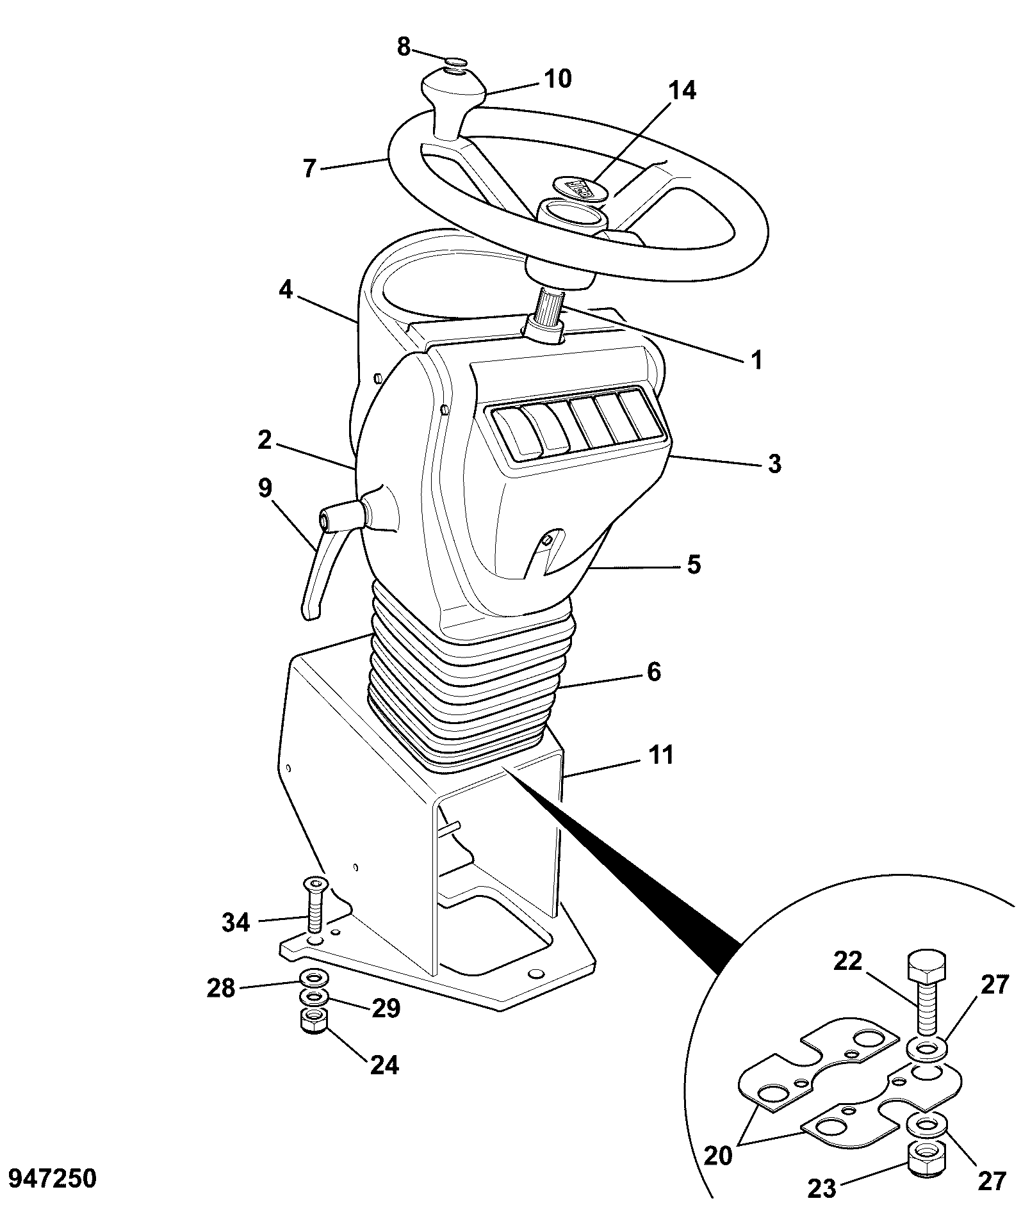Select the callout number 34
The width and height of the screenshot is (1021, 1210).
236,923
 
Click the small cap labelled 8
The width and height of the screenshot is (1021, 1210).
455,61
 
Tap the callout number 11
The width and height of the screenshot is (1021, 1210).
661,754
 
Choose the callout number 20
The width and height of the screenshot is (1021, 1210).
717,1157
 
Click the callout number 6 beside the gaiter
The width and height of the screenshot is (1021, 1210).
653,672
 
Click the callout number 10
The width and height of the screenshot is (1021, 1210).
557,79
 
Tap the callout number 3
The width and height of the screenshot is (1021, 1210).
774,464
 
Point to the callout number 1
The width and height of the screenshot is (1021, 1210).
756,360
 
